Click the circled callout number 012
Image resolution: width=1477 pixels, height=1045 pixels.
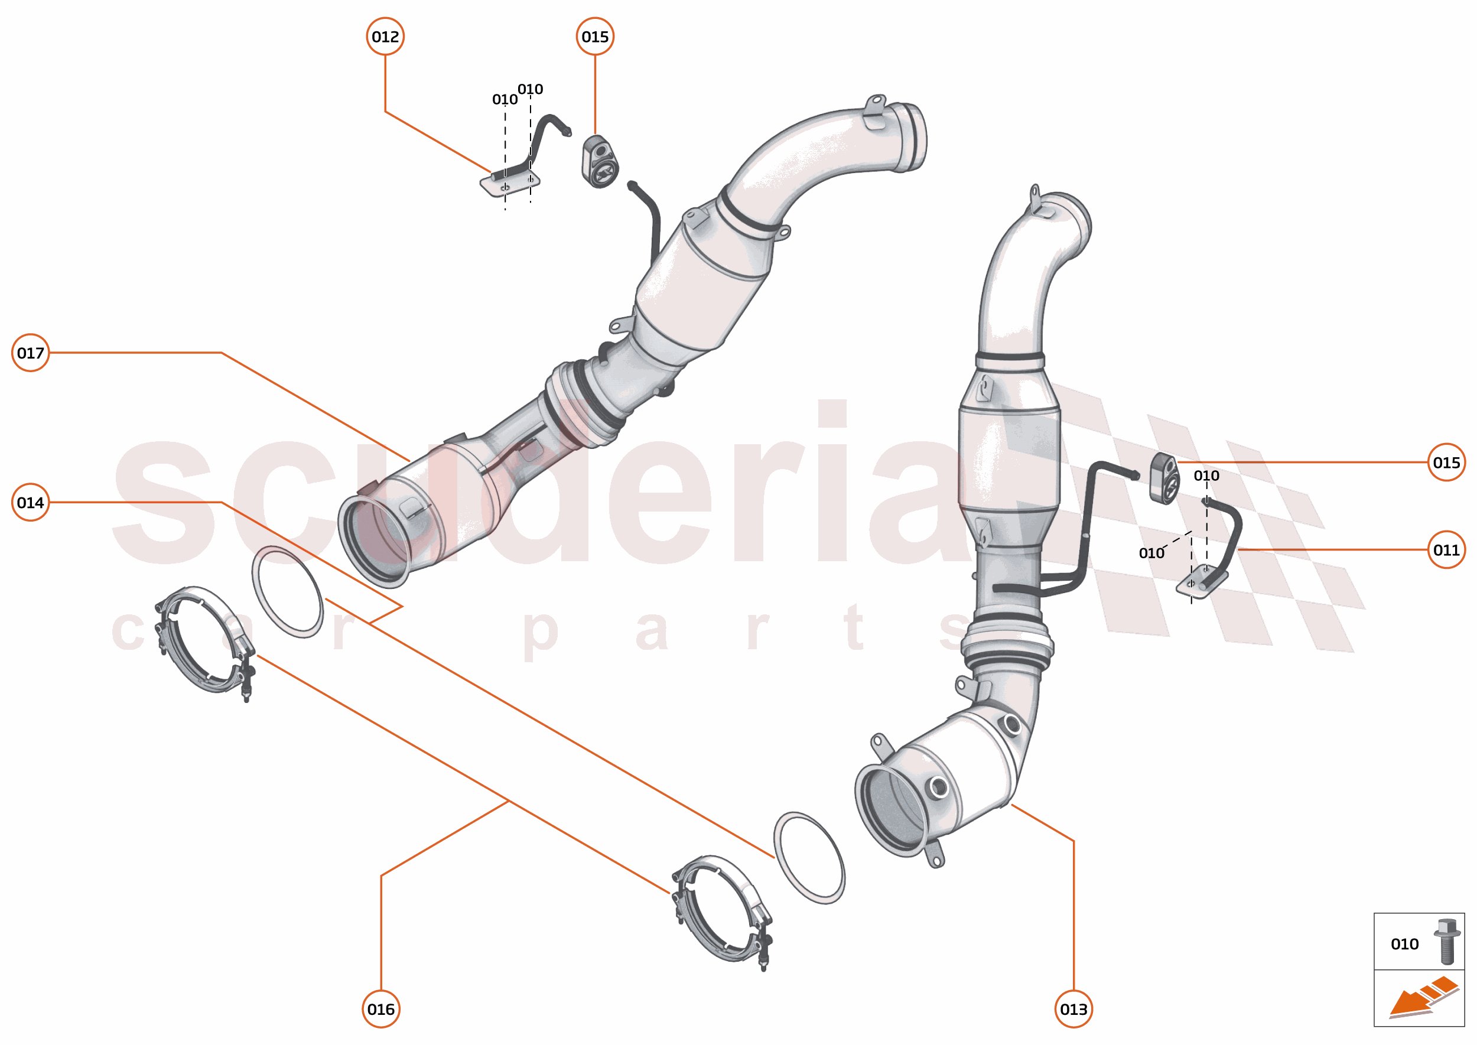coord(385,37)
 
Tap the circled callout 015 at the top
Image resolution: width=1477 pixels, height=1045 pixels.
coord(595,37)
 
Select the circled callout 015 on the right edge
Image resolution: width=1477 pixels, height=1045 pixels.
coord(1446,462)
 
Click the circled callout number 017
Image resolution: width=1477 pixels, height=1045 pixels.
coord(30,353)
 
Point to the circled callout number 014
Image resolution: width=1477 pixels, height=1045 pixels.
coord(30,502)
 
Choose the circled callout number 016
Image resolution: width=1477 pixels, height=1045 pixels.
coord(381,1009)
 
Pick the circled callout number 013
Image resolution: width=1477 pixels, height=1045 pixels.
coord(1073,1009)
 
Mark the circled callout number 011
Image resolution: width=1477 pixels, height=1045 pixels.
coord(1446,549)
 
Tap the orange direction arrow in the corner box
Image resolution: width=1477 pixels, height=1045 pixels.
coord(1422,999)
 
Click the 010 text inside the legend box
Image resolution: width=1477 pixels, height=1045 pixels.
coord(1404,944)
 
